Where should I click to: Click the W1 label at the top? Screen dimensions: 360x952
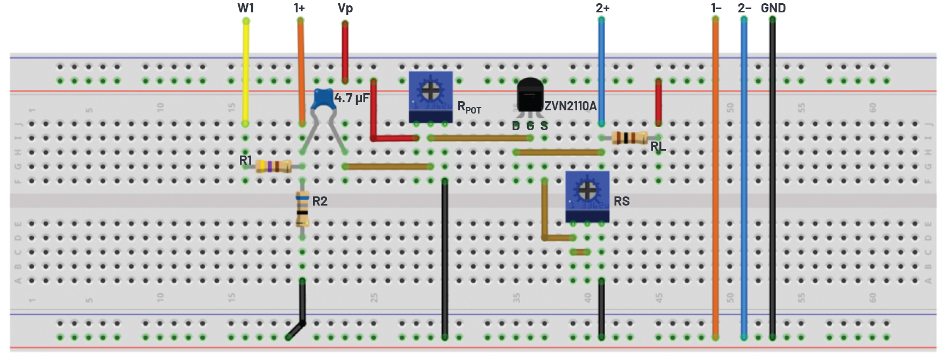245,8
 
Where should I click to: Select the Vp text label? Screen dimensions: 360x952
345,8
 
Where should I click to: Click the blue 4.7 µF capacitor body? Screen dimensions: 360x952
324,99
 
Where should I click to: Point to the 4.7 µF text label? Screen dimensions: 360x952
352,98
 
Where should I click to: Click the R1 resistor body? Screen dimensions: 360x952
273,166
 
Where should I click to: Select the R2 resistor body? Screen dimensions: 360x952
302,209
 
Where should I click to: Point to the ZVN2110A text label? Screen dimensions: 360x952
570,106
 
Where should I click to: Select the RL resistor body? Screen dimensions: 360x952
629,138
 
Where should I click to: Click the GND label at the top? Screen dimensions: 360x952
773,8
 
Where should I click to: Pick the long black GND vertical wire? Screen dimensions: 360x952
772,178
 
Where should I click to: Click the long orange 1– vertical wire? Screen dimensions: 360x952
715,178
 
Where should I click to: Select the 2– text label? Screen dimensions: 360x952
744,8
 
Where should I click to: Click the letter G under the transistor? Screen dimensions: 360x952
530,126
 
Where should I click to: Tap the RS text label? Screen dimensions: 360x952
621,201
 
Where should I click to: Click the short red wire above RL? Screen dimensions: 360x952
658,102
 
